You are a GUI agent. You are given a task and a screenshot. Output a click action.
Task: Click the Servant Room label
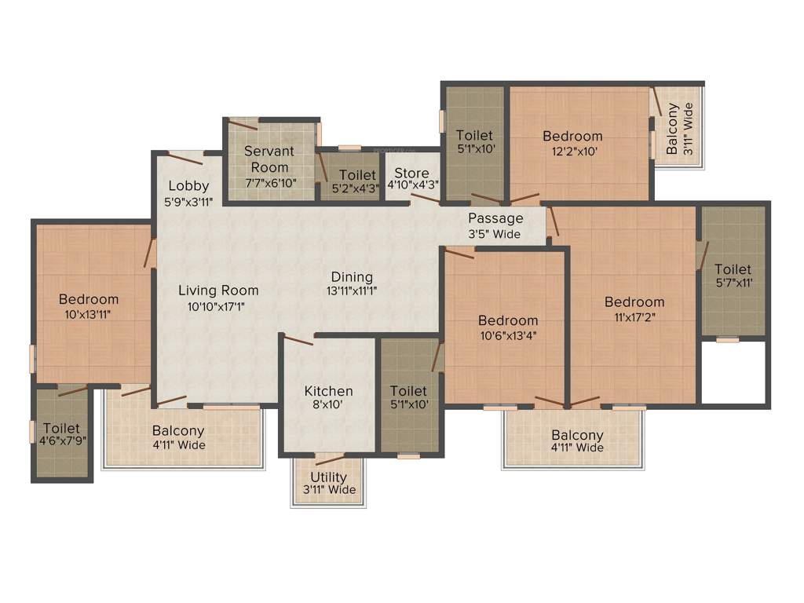pyautogui.click(x=269, y=159)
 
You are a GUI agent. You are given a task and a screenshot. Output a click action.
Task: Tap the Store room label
pyautogui.click(x=411, y=174)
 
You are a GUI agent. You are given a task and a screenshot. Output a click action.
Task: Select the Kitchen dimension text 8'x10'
pyautogui.click(x=328, y=406)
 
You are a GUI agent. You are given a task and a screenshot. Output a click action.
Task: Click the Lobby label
pyautogui.click(x=188, y=186)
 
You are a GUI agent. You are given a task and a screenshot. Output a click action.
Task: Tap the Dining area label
pyautogui.click(x=352, y=277)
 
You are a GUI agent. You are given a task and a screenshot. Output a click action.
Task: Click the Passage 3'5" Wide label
pyautogui.click(x=495, y=225)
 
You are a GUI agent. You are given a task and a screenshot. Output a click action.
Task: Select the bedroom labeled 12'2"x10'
pyautogui.click(x=573, y=144)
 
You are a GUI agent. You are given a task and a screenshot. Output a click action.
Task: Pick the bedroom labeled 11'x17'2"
pyautogui.click(x=634, y=309)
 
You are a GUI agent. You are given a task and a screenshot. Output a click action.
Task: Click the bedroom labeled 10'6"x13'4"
pyautogui.click(x=508, y=327)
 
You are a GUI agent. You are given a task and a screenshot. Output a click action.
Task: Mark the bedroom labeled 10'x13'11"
pyautogui.click(x=89, y=306)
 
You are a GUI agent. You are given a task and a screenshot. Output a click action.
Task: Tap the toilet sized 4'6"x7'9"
pyautogui.click(x=61, y=434)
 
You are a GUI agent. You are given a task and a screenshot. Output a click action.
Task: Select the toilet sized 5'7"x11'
pyautogui.click(x=733, y=276)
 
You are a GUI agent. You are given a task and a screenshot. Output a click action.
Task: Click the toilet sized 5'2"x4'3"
pyautogui.click(x=351, y=181)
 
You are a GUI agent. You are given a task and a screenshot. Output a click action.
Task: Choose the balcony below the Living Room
pyautogui.click(x=179, y=437)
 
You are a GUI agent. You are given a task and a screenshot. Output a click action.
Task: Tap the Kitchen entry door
pyautogui.click(x=298, y=340)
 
